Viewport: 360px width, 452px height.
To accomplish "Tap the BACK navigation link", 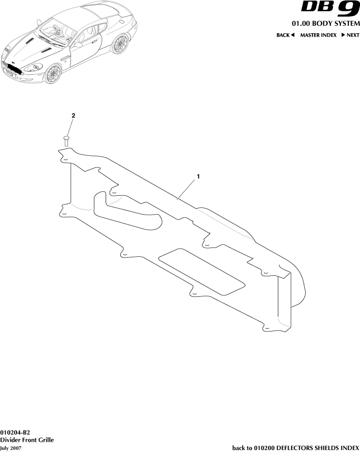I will click(286, 35).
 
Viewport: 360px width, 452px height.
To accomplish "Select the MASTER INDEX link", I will click(318, 35).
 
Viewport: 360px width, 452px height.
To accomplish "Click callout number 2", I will click(73, 116).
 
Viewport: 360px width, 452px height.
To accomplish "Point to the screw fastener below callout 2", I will click(67, 141).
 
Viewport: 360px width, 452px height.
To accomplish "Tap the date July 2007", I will click(11, 448).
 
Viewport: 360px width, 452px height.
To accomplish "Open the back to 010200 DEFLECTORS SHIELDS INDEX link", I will click(296, 448).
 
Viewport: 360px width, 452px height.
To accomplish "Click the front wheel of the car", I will click(53, 74).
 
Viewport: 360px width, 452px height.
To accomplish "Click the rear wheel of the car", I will click(119, 45).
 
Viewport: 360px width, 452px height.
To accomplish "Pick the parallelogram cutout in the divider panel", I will click(202, 272).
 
